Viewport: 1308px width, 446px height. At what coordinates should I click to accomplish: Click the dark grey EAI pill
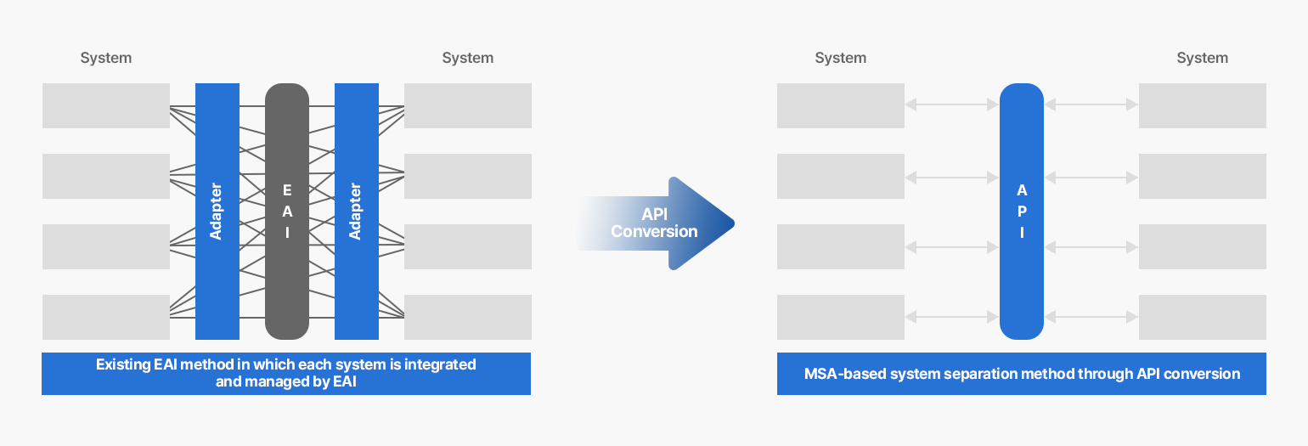(x=287, y=212)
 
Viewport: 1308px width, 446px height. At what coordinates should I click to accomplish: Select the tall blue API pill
(x=1021, y=212)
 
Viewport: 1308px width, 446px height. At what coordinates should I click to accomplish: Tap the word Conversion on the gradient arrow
(x=654, y=232)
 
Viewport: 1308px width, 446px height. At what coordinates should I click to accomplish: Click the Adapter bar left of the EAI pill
(x=217, y=212)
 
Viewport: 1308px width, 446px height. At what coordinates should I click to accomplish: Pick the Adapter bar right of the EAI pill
(x=356, y=212)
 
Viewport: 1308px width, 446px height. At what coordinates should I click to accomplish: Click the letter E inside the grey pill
(x=287, y=190)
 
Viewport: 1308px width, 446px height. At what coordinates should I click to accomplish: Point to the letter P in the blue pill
(x=1022, y=212)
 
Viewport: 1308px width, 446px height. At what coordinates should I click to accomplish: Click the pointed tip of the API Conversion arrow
(x=734, y=223)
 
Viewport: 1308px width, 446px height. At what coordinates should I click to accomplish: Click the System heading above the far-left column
(x=105, y=58)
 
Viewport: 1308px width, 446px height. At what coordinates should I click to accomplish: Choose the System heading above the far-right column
(x=1203, y=58)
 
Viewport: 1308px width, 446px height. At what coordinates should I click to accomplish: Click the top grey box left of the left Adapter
(x=105, y=105)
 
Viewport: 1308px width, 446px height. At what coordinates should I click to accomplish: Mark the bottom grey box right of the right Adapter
(x=468, y=317)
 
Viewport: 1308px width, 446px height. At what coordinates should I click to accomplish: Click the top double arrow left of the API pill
(x=952, y=104)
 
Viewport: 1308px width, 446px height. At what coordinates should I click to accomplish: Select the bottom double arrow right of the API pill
(x=1091, y=317)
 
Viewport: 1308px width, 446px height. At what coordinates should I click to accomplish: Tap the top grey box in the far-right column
(x=1203, y=105)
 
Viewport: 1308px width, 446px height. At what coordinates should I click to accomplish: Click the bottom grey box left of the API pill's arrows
(x=840, y=317)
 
